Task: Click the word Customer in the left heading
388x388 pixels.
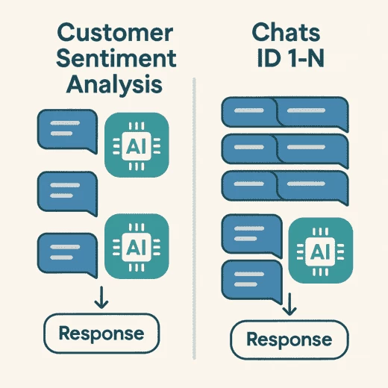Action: pyautogui.click(x=115, y=33)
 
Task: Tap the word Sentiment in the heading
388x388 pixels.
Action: pyautogui.click(x=116, y=58)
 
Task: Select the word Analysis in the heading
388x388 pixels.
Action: pyautogui.click(x=114, y=84)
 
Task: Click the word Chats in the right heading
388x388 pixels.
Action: pyautogui.click(x=286, y=32)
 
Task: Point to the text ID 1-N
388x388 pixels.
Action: pyautogui.click(x=290, y=57)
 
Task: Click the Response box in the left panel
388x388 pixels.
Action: pyautogui.click(x=101, y=334)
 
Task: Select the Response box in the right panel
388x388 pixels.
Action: pyautogui.click(x=290, y=339)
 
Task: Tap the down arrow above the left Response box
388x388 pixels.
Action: pyautogui.click(x=101, y=297)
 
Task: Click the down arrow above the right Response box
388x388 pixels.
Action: pyautogui.click(x=290, y=304)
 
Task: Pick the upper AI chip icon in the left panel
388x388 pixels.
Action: pyautogui.click(x=137, y=145)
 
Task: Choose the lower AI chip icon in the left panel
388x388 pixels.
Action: pyautogui.click(x=137, y=246)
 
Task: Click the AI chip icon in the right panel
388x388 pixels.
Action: pyautogui.click(x=320, y=250)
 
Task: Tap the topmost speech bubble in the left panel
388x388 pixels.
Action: pyautogui.click(x=67, y=131)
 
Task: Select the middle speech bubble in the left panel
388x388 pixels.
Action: pyautogui.click(x=67, y=193)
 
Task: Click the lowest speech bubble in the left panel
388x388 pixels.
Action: pyautogui.click(x=67, y=254)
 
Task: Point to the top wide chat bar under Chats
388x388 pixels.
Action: pyautogui.click(x=285, y=113)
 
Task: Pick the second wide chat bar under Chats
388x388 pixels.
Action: pyautogui.click(x=285, y=150)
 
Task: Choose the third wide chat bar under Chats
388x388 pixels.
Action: pyautogui.click(x=285, y=187)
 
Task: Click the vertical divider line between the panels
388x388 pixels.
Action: pyautogui.click(x=194, y=219)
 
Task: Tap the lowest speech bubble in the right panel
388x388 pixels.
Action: pyautogui.click(x=251, y=281)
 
